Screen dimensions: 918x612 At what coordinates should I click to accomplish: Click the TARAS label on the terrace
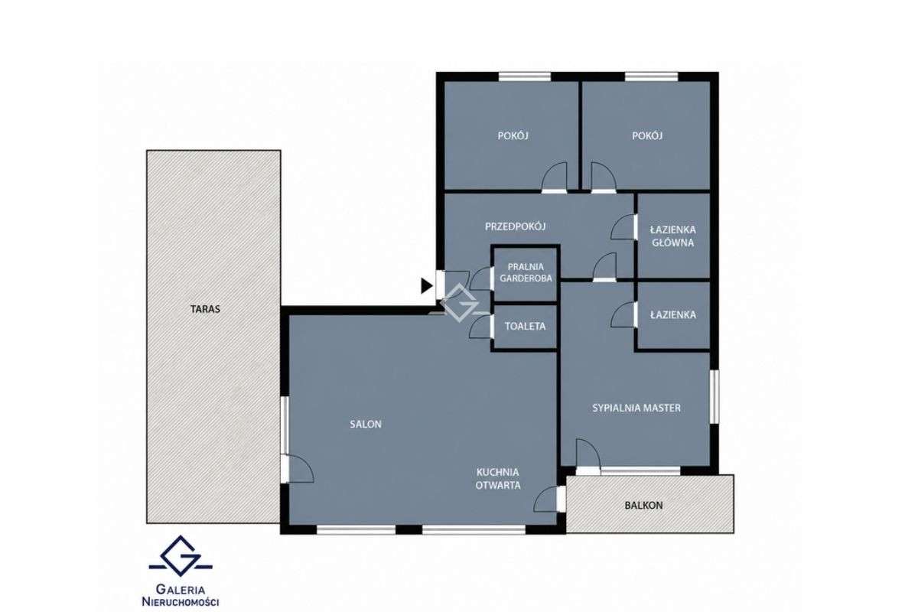point(205,309)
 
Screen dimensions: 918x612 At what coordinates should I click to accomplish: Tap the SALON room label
point(366,425)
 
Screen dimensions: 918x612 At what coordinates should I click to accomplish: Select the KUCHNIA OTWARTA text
point(498,479)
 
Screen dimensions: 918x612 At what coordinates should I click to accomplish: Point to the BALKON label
point(643,506)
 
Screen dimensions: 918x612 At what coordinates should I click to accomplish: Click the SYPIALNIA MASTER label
point(636,408)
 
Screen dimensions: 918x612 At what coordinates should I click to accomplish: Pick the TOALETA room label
point(525,327)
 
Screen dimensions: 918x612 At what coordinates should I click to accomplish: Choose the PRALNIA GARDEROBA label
point(526,272)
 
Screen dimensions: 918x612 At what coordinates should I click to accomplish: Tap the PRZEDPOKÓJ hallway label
point(515,226)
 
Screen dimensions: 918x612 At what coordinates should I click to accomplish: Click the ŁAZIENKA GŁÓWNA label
point(673,236)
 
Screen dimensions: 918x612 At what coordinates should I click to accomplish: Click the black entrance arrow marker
point(427,285)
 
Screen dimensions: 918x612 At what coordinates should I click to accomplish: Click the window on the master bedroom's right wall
point(714,396)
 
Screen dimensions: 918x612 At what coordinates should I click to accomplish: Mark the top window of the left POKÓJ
point(525,76)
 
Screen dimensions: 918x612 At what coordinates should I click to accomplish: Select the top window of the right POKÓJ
point(652,76)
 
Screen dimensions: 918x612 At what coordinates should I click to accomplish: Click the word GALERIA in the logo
point(181,590)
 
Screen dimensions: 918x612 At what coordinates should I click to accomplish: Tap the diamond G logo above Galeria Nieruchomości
point(181,555)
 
